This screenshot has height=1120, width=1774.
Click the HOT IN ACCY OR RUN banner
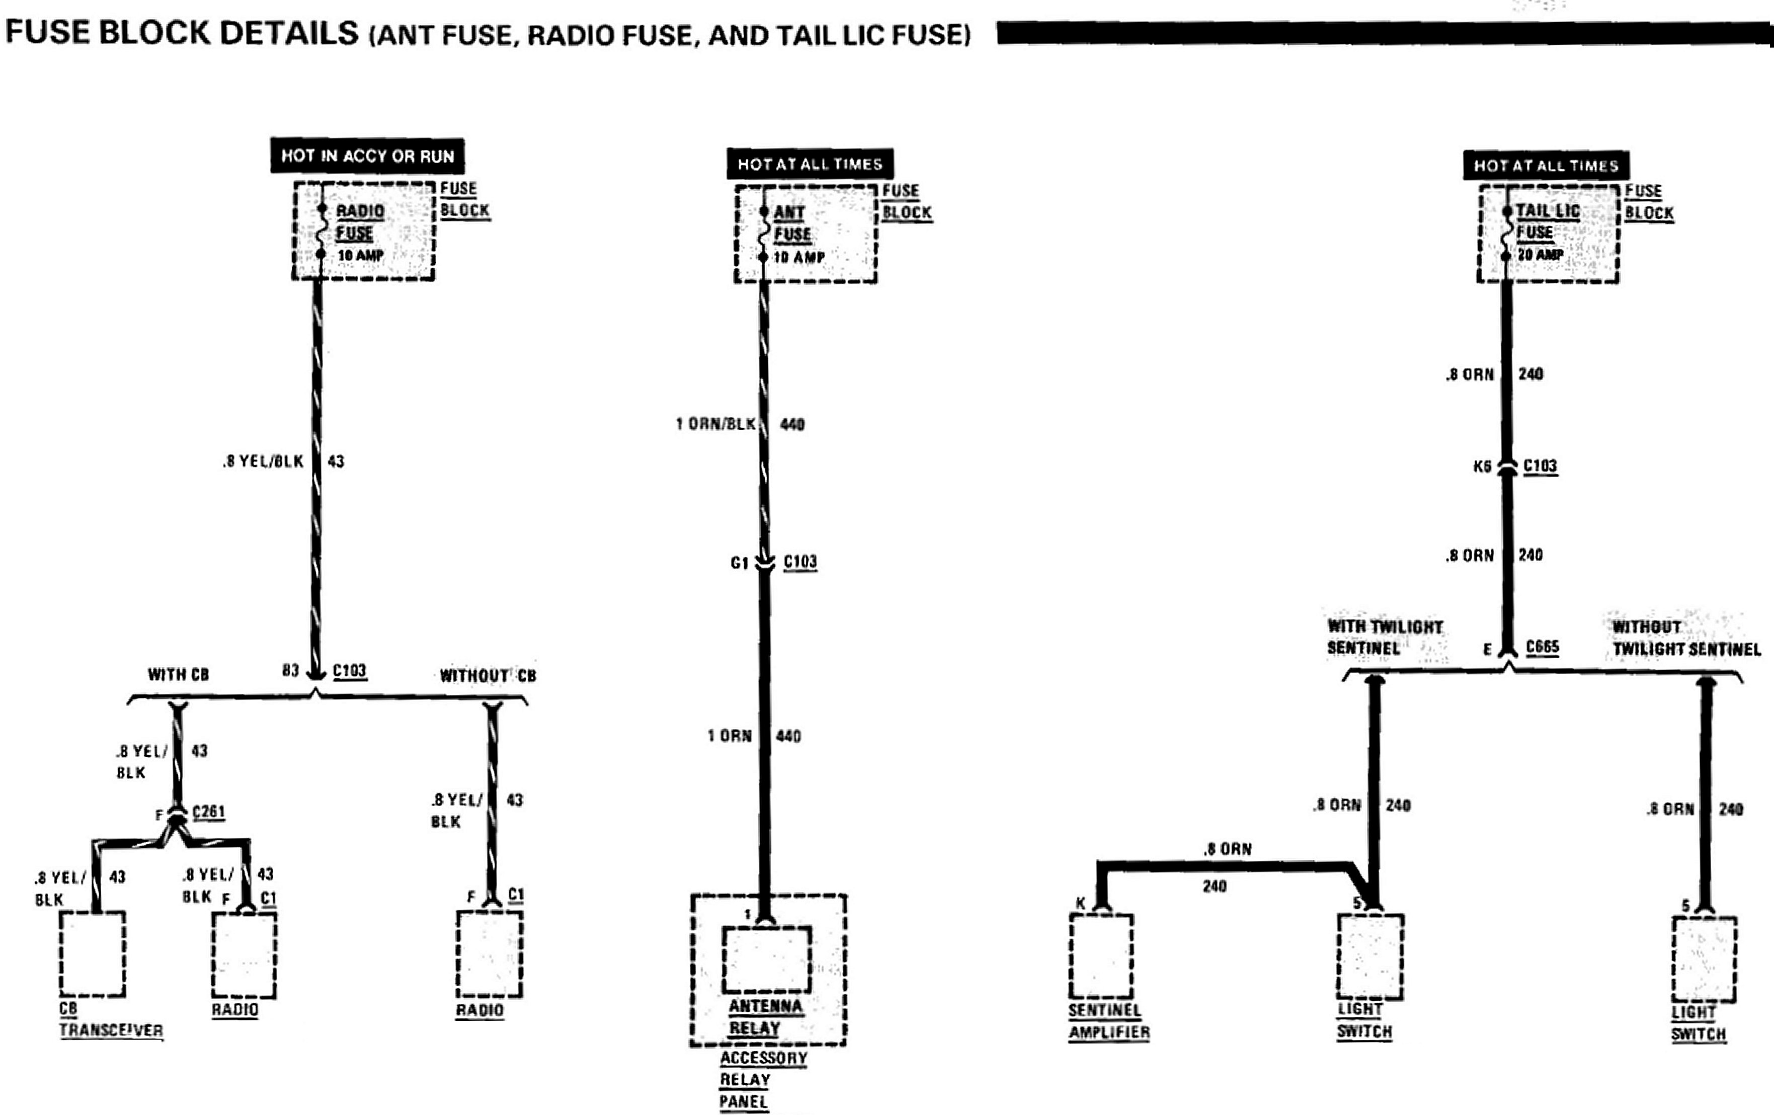click(x=367, y=155)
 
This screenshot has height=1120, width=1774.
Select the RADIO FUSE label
click(x=360, y=222)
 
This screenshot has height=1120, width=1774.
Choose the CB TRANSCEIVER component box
click(x=92, y=953)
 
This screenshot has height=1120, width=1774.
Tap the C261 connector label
click(x=208, y=812)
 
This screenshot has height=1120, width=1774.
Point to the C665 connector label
click(x=1542, y=647)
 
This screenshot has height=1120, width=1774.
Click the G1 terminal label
click(x=739, y=564)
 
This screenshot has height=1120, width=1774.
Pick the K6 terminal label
click(x=1482, y=466)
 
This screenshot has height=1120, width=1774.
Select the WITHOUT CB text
click(x=488, y=676)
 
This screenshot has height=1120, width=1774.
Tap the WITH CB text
click(x=178, y=674)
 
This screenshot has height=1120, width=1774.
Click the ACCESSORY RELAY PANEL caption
click(x=763, y=1079)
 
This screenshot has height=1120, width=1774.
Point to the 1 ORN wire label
click(x=730, y=736)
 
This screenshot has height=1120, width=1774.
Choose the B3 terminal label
click(x=290, y=671)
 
